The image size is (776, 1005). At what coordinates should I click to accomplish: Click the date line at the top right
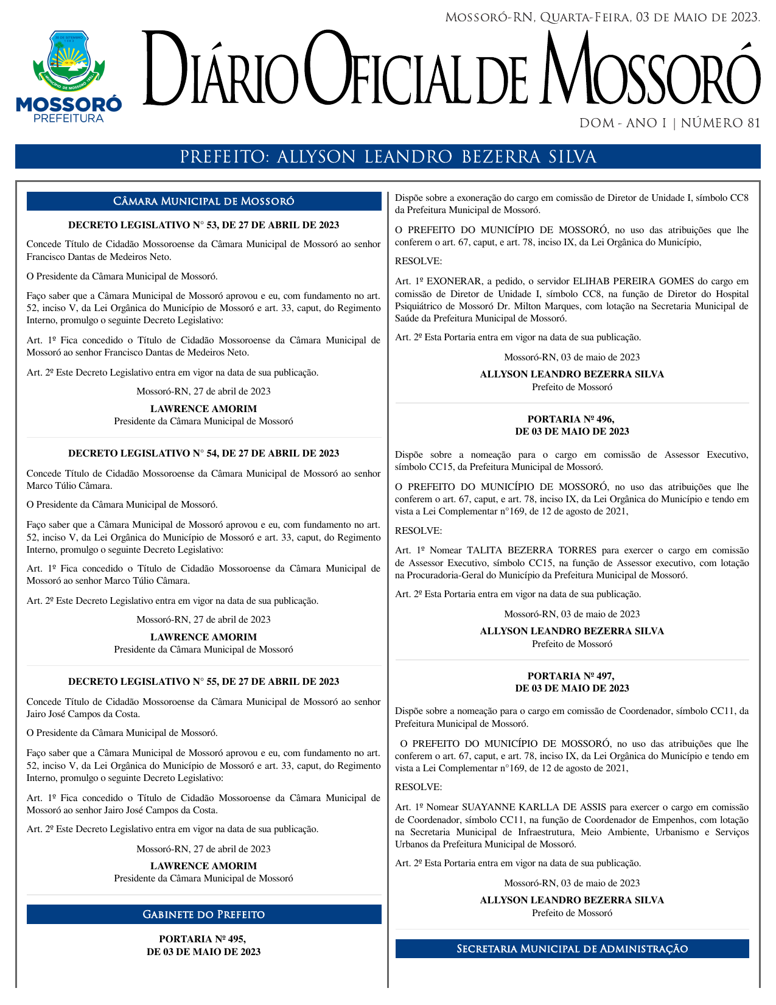click(603, 18)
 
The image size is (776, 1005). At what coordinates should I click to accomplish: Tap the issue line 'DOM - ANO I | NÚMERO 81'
click(669, 124)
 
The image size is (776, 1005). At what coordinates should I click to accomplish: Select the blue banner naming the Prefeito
click(388, 157)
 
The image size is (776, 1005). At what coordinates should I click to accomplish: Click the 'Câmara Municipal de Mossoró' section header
click(204, 201)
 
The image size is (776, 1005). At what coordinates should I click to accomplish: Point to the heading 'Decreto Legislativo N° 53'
click(204, 225)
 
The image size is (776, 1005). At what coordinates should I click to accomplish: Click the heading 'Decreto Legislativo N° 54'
click(204, 453)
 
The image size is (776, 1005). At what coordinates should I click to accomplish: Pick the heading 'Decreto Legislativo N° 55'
click(204, 682)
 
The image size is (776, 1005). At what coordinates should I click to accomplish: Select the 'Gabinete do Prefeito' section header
click(204, 914)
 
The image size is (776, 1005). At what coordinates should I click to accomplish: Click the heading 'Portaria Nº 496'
click(572, 425)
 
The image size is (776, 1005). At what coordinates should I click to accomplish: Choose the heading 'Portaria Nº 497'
click(572, 682)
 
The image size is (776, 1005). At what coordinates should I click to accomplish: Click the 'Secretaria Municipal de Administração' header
click(572, 949)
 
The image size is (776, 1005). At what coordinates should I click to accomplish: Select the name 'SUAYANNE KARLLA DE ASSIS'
click(534, 807)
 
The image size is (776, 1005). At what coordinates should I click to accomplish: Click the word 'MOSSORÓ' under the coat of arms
click(69, 105)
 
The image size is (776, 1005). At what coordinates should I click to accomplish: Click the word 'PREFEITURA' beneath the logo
click(69, 119)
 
